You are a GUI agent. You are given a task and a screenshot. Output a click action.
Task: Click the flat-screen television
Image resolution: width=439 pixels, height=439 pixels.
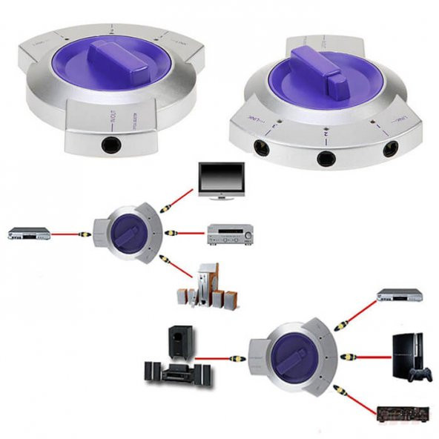point(220,180)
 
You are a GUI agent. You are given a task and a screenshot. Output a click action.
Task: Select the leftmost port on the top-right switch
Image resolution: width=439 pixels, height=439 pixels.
point(262,148)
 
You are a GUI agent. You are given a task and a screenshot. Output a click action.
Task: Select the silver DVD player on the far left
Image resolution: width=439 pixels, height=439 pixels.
point(29,234)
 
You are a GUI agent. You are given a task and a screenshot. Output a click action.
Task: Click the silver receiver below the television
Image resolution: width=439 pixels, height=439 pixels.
point(230,234)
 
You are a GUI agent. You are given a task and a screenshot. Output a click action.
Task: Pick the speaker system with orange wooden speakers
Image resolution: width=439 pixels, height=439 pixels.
point(201,290)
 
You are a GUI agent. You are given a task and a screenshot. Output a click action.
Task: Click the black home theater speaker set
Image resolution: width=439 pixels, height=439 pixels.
point(172,358)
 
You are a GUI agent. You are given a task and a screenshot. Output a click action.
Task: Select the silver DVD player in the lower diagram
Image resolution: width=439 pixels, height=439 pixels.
point(399,295)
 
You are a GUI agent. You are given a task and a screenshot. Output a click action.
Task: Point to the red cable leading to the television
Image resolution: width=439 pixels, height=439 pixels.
point(183,197)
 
